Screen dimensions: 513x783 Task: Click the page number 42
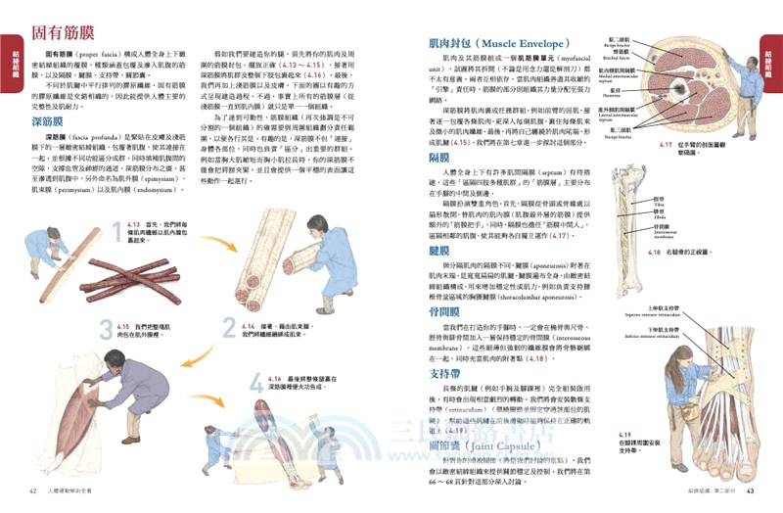point(32,490)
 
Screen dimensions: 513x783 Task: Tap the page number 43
point(750,490)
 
